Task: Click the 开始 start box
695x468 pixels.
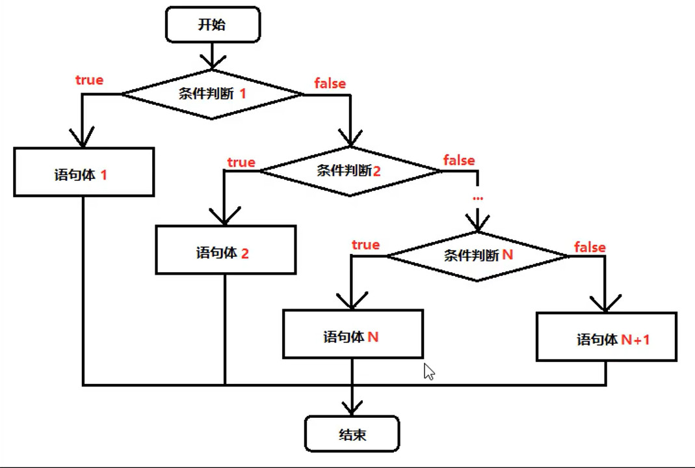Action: (x=213, y=26)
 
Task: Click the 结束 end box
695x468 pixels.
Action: (x=352, y=434)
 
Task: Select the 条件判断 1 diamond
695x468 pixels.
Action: (x=213, y=94)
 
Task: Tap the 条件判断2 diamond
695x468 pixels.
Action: (x=350, y=171)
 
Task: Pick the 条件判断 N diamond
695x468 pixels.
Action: (x=478, y=256)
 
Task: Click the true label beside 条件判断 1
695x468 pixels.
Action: (x=90, y=80)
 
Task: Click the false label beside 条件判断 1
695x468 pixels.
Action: (x=330, y=83)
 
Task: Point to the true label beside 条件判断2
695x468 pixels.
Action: (x=241, y=162)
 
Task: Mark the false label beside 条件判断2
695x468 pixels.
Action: (x=459, y=160)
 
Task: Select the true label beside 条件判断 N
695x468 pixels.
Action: (x=365, y=245)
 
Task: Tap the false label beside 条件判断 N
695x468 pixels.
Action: (x=590, y=247)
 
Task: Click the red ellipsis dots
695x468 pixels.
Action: (x=478, y=197)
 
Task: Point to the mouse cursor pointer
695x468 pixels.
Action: (x=428, y=372)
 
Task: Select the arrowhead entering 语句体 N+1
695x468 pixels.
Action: (x=606, y=305)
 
